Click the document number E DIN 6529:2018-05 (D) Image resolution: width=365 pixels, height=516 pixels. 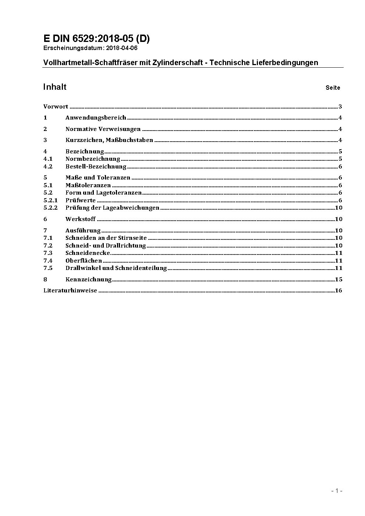96,39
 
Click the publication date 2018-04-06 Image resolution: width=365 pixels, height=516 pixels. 122,48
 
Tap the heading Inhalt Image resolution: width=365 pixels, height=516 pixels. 55,87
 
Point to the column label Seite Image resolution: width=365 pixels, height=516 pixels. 333,88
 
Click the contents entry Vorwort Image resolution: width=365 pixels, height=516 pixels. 56,107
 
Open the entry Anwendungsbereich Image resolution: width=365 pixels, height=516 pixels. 96,118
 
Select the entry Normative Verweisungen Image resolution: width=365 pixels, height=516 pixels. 103,129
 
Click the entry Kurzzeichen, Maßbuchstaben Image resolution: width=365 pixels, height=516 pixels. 109,140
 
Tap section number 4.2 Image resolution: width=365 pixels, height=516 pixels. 48,167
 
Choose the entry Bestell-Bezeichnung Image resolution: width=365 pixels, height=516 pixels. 96,167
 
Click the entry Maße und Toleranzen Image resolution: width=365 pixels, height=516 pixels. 98,178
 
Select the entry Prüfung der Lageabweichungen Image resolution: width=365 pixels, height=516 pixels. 112,208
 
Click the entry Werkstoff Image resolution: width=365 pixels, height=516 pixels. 81,219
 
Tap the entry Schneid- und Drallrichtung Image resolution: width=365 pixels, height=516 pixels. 106,246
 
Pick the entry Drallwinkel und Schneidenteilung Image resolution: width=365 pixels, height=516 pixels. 116,268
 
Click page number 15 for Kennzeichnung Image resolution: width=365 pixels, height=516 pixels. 339,280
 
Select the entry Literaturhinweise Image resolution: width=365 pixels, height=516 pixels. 70,291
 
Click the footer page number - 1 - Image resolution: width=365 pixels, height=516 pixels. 337,491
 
